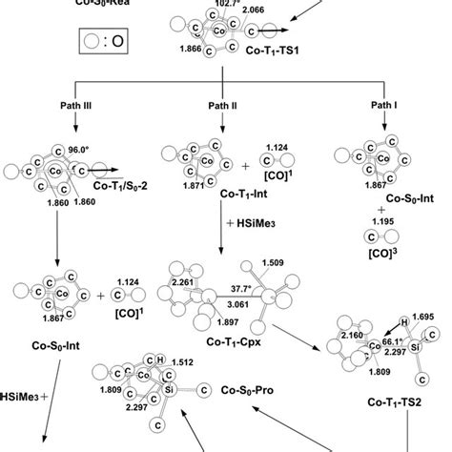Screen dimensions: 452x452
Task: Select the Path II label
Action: point(223,104)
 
